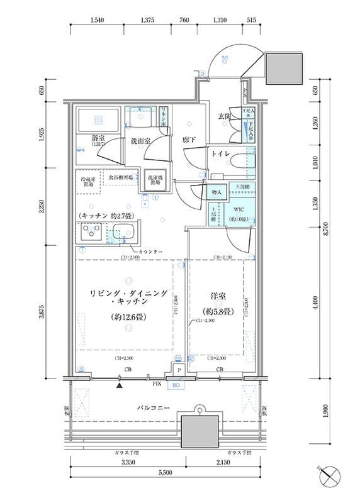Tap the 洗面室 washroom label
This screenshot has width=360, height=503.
tap(140, 142)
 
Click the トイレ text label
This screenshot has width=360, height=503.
tap(220, 154)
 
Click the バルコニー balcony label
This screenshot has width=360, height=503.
tap(156, 408)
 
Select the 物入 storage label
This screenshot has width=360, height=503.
tap(216, 193)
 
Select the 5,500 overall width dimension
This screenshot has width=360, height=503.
tap(166, 472)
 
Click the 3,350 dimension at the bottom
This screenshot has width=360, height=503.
tap(128, 462)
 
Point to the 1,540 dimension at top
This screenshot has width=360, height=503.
tap(97, 20)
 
